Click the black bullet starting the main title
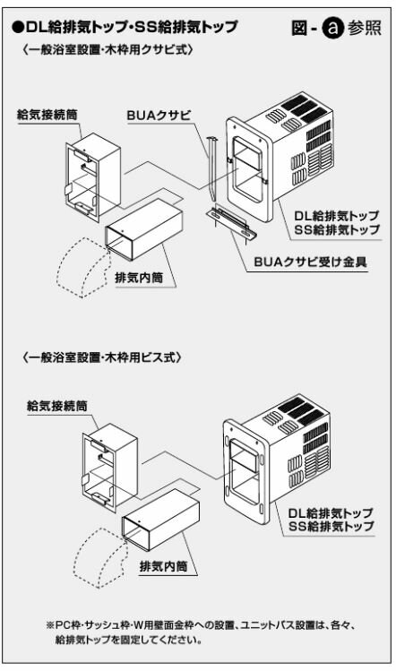coord(19,28)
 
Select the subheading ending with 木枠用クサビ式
coord(108,51)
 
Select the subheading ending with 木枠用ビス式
coord(103,357)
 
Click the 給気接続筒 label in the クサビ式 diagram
coord(47,116)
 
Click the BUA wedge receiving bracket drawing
coord(230,220)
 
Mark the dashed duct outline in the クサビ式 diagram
coord(82,269)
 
